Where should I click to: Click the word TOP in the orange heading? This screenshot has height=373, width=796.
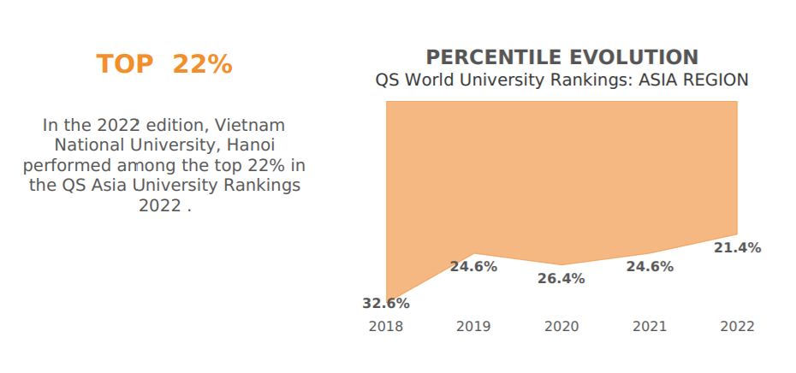(125, 65)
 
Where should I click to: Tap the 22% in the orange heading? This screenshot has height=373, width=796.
(202, 65)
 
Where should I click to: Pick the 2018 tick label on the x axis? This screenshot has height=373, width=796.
(386, 327)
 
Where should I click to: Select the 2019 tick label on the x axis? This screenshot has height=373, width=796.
(473, 327)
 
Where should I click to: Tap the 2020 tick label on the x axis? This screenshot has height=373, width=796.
(561, 327)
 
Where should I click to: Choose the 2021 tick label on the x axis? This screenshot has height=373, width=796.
(650, 327)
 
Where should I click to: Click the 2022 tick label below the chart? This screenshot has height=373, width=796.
(737, 327)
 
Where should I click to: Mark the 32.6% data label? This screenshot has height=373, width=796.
(386, 304)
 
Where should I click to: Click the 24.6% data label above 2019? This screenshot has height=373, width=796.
(473, 267)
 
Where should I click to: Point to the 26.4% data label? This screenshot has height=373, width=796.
(561, 279)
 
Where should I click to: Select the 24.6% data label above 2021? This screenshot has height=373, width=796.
(650, 267)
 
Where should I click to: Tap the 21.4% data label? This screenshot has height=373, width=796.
(737, 249)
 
